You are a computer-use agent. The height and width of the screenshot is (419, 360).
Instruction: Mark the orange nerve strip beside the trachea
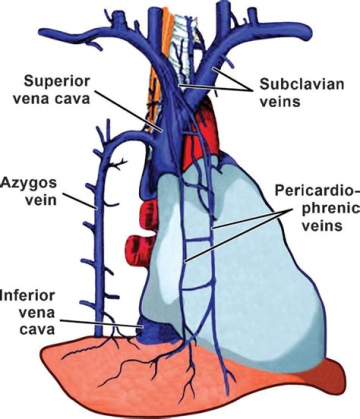[155, 75]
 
